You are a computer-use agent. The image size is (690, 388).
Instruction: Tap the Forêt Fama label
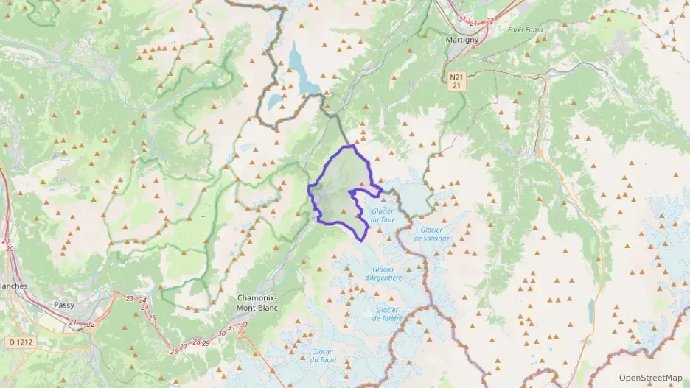[523, 29]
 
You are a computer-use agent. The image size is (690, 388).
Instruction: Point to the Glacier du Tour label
[383, 215]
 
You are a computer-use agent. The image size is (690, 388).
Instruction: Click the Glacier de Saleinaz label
[428, 234]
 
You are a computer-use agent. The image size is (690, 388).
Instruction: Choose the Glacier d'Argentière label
[383, 273]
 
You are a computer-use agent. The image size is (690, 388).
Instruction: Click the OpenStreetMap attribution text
[650, 378]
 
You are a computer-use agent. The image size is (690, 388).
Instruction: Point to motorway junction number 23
[130, 298]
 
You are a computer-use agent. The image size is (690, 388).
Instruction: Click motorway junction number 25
[152, 318]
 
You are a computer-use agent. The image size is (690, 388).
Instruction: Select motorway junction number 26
[174, 351]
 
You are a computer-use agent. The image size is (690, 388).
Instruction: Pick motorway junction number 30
[221, 334]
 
